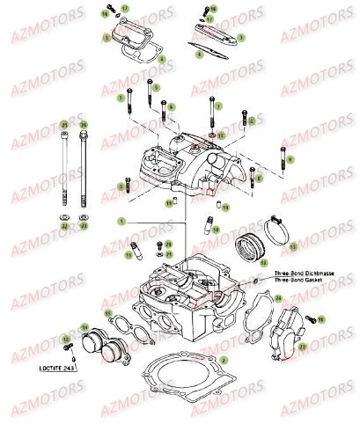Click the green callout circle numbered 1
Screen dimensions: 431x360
123,219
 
